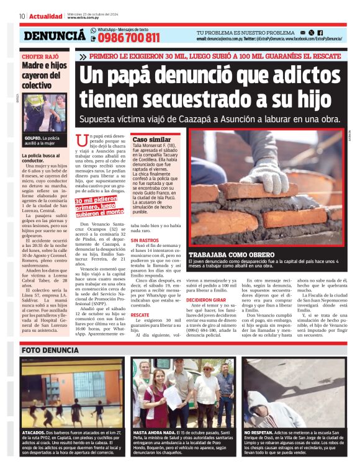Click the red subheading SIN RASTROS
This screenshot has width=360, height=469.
143,239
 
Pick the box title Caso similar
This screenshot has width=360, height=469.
151,140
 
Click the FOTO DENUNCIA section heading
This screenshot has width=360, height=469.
50,350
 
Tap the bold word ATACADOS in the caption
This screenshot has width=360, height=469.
33,432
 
